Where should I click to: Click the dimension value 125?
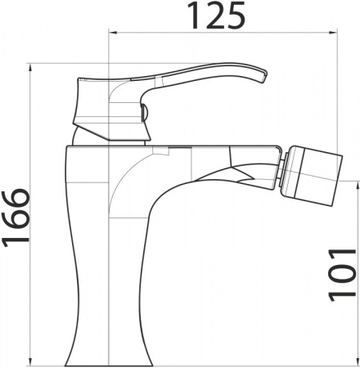(217, 16)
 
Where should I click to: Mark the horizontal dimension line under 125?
(221, 34)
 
